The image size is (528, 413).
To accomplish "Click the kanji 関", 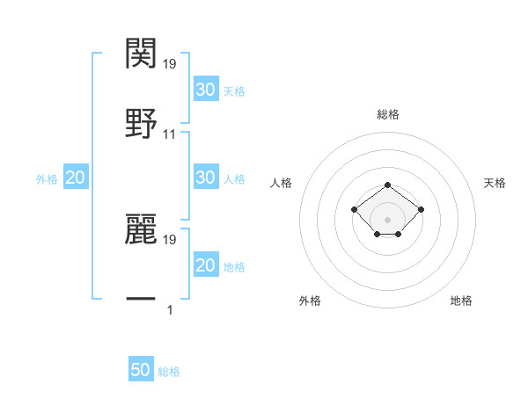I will click(141, 54).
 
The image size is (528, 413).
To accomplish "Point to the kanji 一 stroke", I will click(141, 300).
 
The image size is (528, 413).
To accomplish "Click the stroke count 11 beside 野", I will click(170, 134).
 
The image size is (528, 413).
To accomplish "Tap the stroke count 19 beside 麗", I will click(170, 239).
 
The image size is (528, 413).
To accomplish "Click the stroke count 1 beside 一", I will click(170, 310).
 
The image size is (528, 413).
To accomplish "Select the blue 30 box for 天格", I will click(205, 90).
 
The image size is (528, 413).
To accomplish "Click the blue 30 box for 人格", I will click(205, 178).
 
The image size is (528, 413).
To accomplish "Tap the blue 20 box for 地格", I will click(205, 265).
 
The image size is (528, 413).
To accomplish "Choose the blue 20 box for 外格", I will click(75, 178).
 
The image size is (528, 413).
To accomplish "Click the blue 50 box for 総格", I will click(141, 370).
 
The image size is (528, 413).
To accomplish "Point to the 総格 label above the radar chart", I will click(388, 115).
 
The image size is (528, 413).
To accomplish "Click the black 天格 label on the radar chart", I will click(495, 183).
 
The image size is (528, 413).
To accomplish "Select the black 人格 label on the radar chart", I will click(282, 183).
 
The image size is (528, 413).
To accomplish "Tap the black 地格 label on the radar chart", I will click(461, 301).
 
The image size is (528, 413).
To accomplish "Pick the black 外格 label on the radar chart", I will click(310, 301).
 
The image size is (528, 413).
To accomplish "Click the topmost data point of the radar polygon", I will click(388, 185).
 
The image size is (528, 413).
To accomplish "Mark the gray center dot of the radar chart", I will click(388, 220).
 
